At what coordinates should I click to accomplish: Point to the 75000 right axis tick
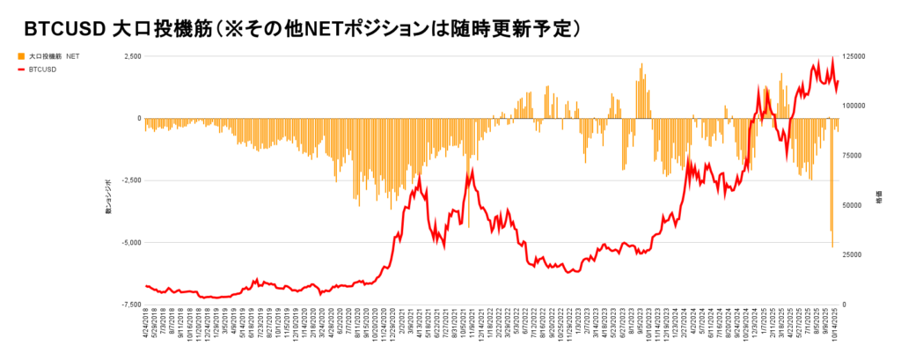pos(854,156)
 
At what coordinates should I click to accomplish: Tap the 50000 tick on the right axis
pos(854,205)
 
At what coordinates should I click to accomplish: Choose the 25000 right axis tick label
pos(854,255)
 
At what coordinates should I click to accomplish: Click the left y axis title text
pos(109,195)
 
